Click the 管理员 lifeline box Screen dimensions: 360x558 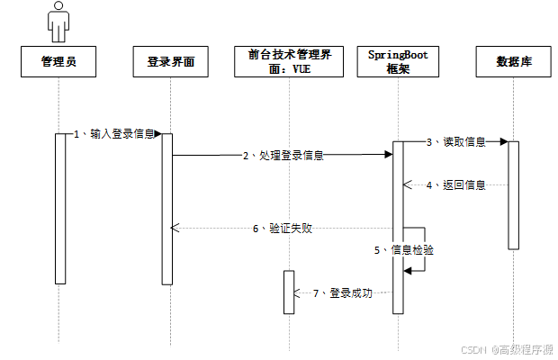pyautogui.click(x=59, y=62)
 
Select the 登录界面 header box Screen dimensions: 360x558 pyautogui.click(x=171, y=62)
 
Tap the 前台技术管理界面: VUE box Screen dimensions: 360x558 pyautogui.click(x=290, y=62)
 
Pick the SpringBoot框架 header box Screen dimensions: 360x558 pyautogui.click(x=399, y=62)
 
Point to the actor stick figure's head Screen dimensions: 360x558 pyautogui.click(x=59, y=8)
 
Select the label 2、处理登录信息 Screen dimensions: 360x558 pyautogui.click(x=283, y=156)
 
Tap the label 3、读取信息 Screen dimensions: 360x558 pyautogui.click(x=455, y=141)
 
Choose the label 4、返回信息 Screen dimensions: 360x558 pyautogui.click(x=455, y=185)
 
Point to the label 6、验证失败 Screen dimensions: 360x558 pyautogui.click(x=283, y=229)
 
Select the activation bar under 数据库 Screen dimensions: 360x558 pyautogui.click(x=513, y=194)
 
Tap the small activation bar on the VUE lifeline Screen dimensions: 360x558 pyautogui.click(x=289, y=292)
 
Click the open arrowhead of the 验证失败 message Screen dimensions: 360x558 pyautogui.click(x=175, y=229)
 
